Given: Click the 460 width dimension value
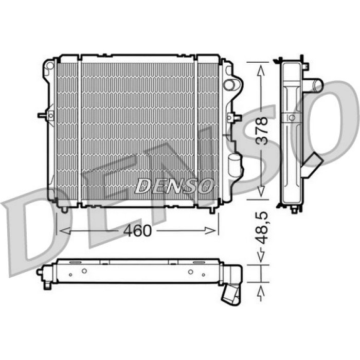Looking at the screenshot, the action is (137, 230).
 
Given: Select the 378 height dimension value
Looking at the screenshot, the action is (261, 131).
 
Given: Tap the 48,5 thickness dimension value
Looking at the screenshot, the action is (261, 228).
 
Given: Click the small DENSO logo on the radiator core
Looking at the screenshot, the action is (174, 186).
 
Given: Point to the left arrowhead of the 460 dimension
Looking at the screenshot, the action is (65, 231).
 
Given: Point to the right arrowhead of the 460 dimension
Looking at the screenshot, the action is (210, 231).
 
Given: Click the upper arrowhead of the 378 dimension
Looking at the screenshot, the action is (261, 70).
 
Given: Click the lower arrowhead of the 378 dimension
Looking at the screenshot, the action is (261, 191).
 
